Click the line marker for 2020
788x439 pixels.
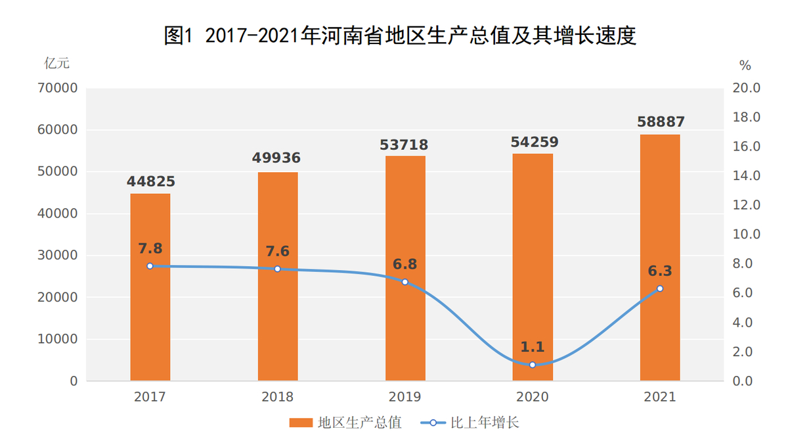[533, 365]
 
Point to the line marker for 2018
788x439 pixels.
[277, 269]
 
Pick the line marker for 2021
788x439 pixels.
[660, 289]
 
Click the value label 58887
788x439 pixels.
[661, 122]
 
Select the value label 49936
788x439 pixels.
[276, 158]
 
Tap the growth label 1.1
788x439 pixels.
[533, 347]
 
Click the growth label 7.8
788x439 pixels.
[150, 248]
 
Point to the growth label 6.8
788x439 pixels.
[405, 264]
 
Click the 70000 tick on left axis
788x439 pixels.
[60, 88]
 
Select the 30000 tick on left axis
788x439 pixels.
[60, 256]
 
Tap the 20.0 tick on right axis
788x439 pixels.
[747, 88]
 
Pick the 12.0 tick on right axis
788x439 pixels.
[747, 205]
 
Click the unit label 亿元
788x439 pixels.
[56, 64]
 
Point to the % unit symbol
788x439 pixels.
[745, 65]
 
